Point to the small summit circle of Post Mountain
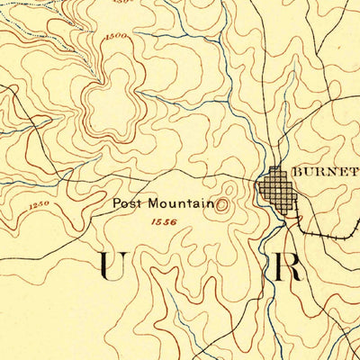point(222,204)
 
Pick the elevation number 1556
point(164,221)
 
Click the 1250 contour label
point(38,206)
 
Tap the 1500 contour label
point(116,36)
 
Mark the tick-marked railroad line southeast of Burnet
point(328,231)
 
